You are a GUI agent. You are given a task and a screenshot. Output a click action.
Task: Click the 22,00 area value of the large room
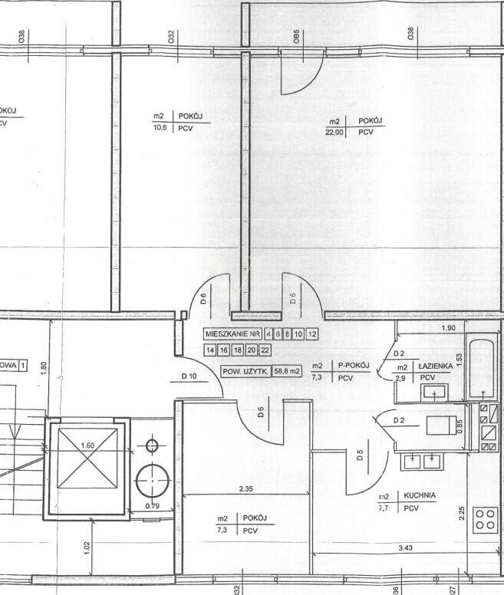pos(334,133)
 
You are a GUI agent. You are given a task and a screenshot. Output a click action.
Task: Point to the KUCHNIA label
pos(421,496)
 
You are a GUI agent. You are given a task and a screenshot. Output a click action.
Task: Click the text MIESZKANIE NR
pos(232,334)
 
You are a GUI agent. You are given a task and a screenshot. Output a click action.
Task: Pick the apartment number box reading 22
pos(265,350)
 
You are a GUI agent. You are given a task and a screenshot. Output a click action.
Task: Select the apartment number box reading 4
pos(268,334)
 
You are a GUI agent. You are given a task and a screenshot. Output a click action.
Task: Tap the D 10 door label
pos(190,376)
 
